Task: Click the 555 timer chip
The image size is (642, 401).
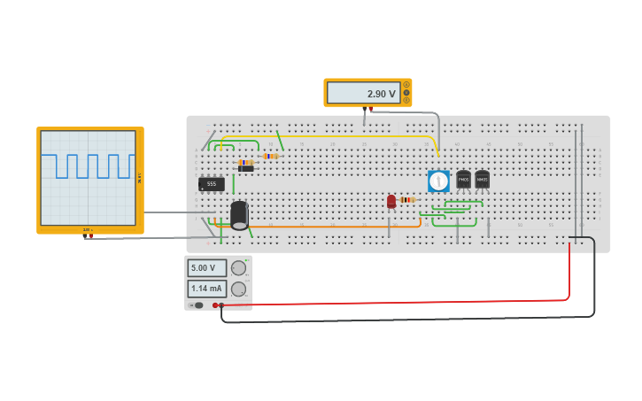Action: coord(212,184)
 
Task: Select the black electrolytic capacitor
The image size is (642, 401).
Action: coord(239,215)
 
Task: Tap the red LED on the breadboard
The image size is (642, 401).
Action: coord(391,201)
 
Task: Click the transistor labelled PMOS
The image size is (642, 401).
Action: coord(463,180)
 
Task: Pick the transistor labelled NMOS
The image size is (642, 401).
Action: coord(482,179)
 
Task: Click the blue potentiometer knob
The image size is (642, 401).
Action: coord(438,181)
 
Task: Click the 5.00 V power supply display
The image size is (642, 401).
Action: coord(206,267)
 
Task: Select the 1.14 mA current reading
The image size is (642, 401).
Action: coord(206,289)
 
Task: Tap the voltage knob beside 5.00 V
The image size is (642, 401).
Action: coord(238,267)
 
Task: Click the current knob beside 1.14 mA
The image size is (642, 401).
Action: coord(238,289)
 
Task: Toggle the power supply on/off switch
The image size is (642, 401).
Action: coord(197,305)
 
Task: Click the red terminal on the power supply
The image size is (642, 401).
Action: coord(214,305)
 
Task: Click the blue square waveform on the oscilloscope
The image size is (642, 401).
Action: coord(88,166)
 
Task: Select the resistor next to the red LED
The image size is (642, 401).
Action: coord(407,200)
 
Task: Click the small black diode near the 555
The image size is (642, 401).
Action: coord(245,168)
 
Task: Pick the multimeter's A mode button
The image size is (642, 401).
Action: coord(406,85)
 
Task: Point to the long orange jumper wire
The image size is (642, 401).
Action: coord(336,227)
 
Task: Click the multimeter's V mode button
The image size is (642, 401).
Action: coord(406,92)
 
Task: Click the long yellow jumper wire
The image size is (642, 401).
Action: coord(354,136)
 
